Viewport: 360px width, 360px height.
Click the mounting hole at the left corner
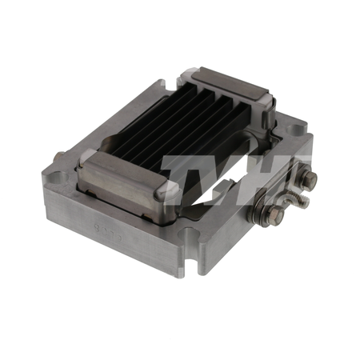pos(58,177)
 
